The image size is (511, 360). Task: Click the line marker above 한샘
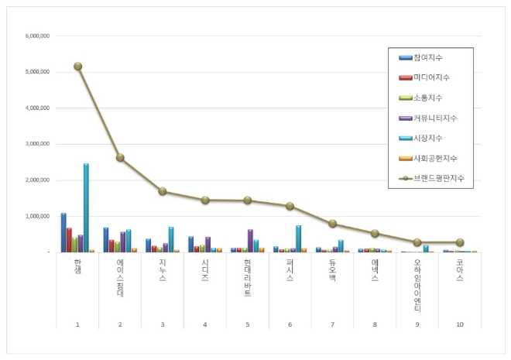click(x=77, y=67)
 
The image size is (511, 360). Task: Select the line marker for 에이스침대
click(x=120, y=158)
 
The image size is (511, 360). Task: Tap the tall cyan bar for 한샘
click(x=86, y=207)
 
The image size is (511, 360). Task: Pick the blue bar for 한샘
click(x=63, y=232)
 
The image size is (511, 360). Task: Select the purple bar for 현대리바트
click(x=250, y=241)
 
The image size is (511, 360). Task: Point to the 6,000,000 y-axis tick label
click(x=38, y=36)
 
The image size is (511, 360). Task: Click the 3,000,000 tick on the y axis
click(x=38, y=144)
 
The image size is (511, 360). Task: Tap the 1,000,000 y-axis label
click(x=38, y=216)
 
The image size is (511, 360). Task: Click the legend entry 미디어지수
click(x=437, y=77)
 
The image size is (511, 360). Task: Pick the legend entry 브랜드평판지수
click(x=442, y=178)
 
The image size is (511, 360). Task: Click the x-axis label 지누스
click(x=162, y=271)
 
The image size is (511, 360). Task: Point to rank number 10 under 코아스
click(x=460, y=324)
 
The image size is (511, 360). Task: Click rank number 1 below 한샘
click(x=77, y=324)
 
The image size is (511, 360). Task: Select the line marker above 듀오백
click(x=332, y=224)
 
